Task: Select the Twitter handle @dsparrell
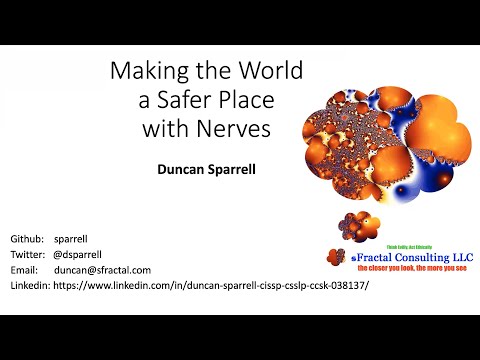82,255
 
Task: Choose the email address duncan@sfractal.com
103,270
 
